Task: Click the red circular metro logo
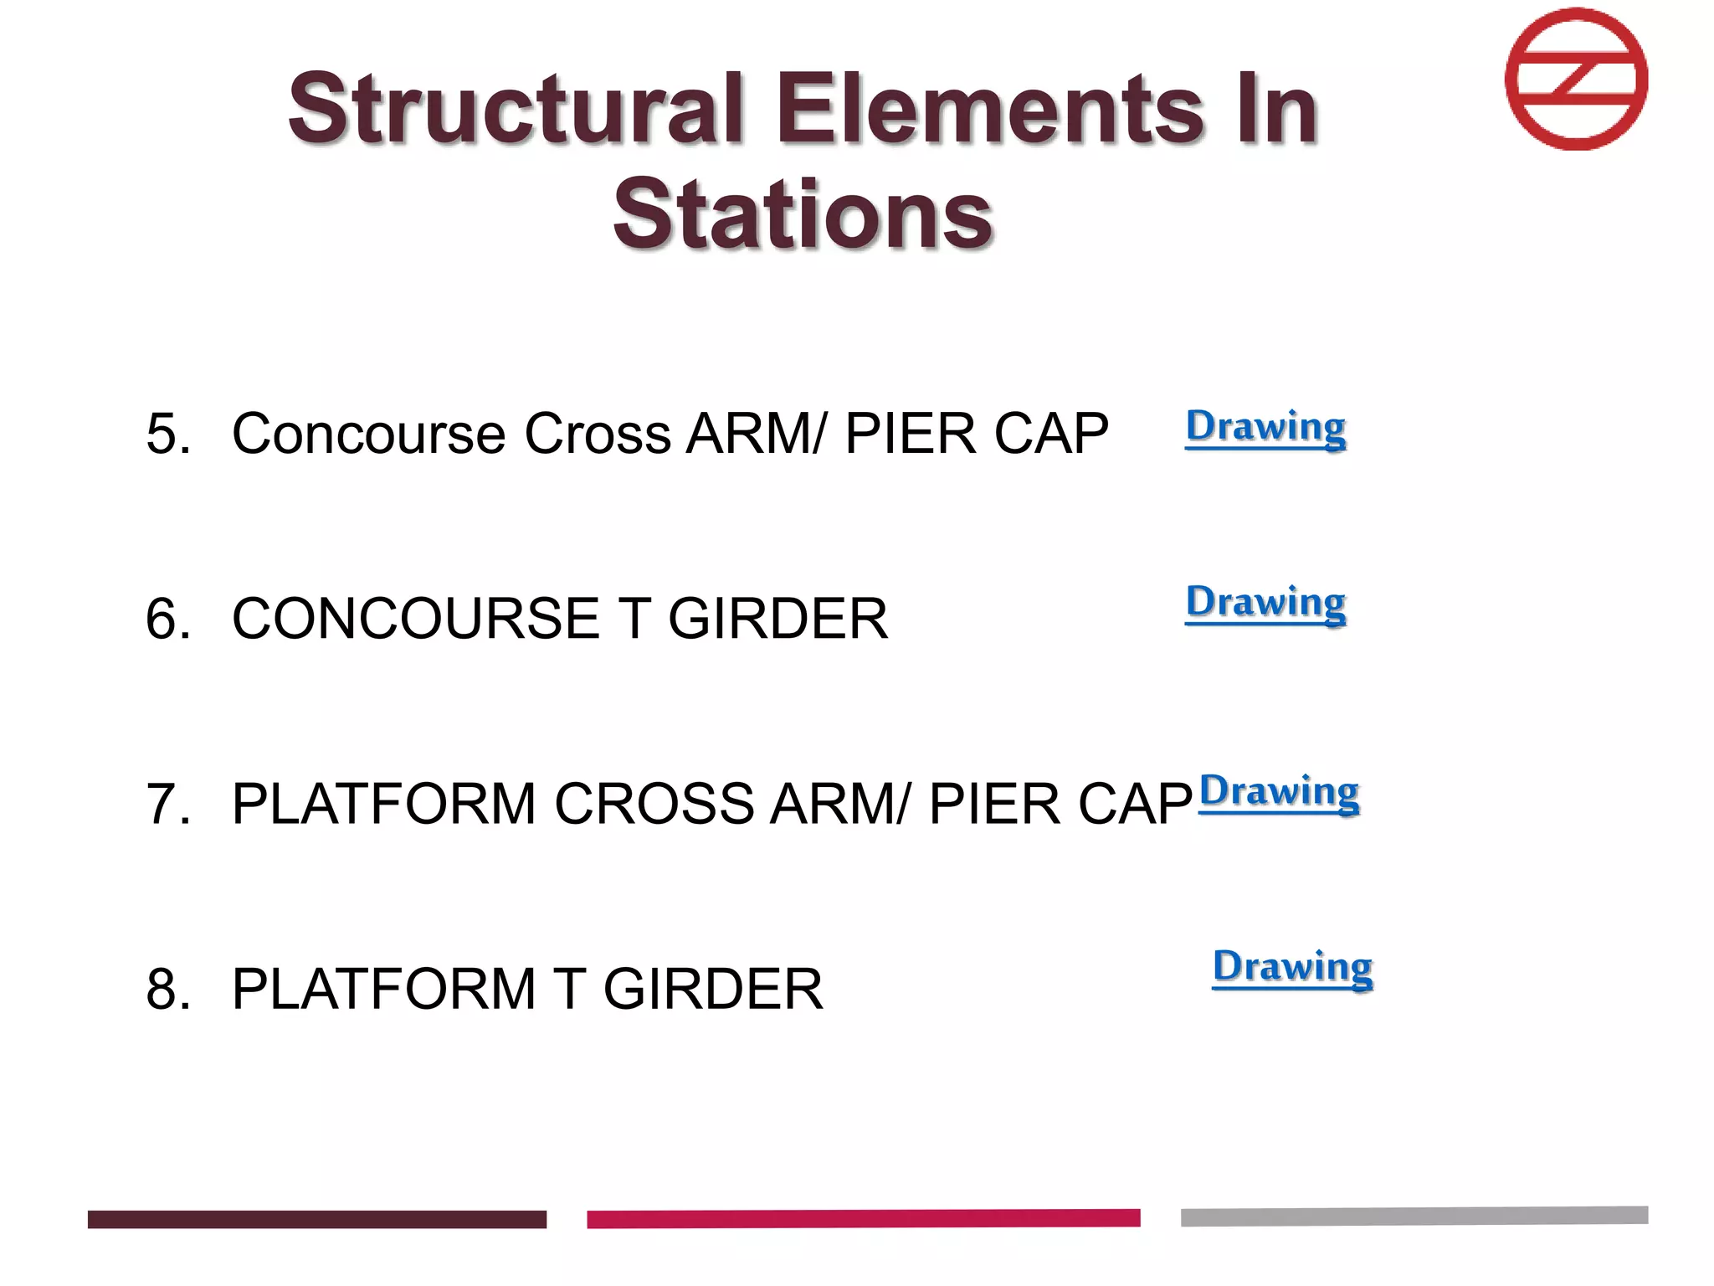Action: [1576, 80]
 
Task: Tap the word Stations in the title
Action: [803, 215]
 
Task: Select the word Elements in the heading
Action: [989, 109]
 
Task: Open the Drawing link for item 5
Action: [1265, 428]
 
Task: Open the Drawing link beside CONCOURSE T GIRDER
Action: [1265, 603]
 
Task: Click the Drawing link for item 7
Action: [1279, 793]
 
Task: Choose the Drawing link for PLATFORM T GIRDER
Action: [1292, 968]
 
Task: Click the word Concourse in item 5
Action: [369, 434]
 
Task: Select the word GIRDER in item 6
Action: [777, 619]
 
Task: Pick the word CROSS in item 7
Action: [654, 804]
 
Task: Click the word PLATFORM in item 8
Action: [383, 989]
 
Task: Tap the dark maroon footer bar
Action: [316, 1219]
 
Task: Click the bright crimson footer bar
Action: [863, 1218]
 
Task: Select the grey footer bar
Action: [1414, 1216]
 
